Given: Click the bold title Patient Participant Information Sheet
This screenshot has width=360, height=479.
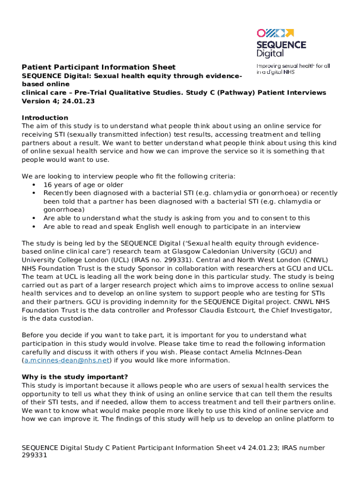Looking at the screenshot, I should pyautogui.click(x=99, y=67).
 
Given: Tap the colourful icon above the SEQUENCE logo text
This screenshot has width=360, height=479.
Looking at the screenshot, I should pyautogui.click(x=275, y=33).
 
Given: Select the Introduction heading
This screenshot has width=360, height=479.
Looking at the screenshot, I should pyautogui.click(x=45, y=117).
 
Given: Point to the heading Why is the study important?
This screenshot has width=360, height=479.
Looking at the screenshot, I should pyautogui.click(x=75, y=377).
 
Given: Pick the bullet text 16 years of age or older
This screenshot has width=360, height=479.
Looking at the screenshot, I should pyautogui.click(x=83, y=185).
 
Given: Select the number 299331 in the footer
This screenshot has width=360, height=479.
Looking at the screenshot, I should pyautogui.click(x=35, y=455).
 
